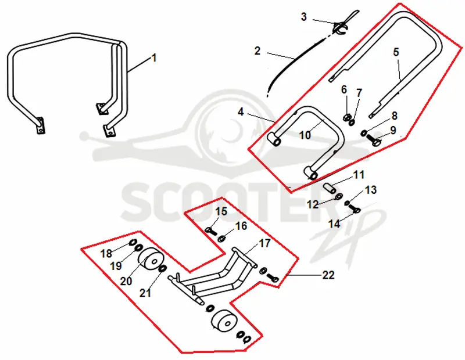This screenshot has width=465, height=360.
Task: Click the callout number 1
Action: (x=154, y=57)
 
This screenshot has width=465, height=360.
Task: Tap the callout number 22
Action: (x=328, y=275)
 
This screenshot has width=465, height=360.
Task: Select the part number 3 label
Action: (x=303, y=17)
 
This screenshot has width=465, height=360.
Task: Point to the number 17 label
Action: (x=265, y=243)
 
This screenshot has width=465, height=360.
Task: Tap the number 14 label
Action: (x=334, y=224)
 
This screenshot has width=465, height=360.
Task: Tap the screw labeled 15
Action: (x=211, y=231)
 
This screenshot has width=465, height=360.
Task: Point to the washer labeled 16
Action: (x=221, y=238)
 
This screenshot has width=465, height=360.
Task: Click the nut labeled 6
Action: (x=346, y=117)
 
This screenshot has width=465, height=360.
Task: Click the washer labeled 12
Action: (x=338, y=196)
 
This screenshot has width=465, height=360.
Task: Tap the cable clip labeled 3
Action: (x=342, y=27)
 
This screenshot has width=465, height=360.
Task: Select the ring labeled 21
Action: (x=162, y=269)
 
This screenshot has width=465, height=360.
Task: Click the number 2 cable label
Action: (x=257, y=51)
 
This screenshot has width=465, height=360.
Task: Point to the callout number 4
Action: (x=241, y=112)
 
